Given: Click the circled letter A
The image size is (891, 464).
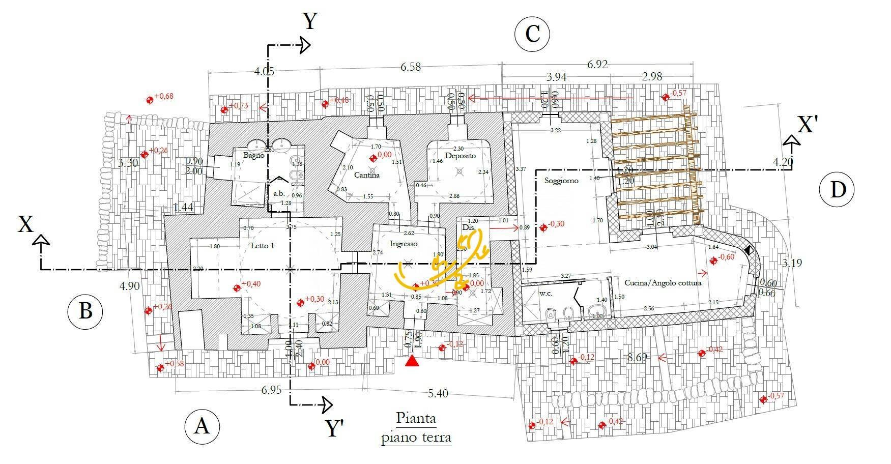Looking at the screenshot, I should point(202,426).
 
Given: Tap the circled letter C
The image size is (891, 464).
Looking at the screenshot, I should point(532,35).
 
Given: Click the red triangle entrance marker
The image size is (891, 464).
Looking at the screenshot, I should point(412,361).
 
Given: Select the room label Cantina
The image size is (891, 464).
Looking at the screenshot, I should point(367,175).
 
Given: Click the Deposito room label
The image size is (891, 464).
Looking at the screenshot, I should point(460,156).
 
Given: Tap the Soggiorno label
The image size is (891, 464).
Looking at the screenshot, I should point(561,181).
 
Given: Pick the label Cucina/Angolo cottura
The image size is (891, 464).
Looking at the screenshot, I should point(663,283).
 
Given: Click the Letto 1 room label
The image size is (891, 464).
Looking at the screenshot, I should point(263,246).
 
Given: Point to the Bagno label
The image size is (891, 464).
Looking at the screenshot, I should point(253,155).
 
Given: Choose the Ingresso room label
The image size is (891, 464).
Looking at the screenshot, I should point(404,244).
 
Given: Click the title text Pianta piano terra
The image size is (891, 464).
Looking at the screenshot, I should point(416,428).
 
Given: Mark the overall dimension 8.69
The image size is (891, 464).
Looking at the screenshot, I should point(637,358).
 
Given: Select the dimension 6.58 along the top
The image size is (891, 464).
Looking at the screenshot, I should point(411,67).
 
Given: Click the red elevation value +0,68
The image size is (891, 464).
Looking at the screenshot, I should point(163,96).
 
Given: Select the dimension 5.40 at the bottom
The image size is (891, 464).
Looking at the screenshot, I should point(438,393).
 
